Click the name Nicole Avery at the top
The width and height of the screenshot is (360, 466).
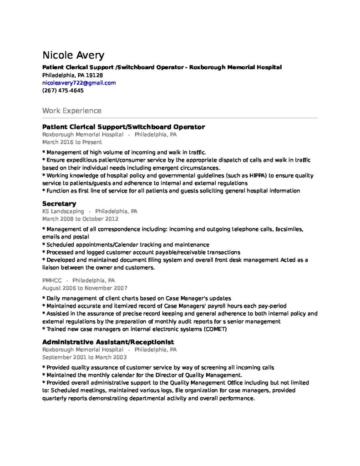pos(73,56)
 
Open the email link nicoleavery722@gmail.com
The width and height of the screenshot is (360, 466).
pos(79,83)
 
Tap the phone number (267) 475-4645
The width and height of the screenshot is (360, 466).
pos(63,91)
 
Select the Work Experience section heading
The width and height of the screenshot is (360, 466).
pos(71,111)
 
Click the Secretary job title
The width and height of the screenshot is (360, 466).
pos(59,203)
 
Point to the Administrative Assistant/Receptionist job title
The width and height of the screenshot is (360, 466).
pos(108,342)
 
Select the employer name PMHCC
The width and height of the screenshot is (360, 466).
pos(52,280)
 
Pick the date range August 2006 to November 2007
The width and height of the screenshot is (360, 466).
pos(85,288)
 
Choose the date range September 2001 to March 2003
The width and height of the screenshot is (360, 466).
pos(85,357)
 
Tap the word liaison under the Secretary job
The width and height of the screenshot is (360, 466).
pos(51,268)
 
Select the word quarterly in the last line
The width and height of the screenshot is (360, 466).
pos(56,398)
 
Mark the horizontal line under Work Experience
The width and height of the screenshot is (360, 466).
pos(180,118)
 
